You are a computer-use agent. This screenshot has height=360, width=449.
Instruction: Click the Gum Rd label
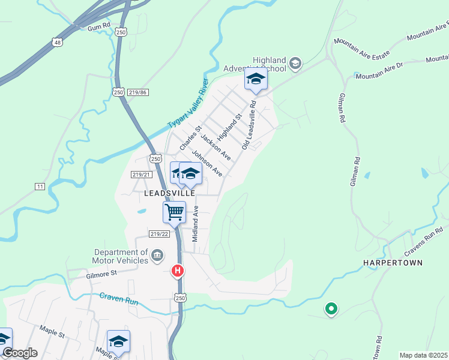tap(99, 27)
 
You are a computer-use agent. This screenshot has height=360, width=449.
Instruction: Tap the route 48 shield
tap(57, 42)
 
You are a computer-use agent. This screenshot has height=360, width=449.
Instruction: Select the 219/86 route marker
tap(138, 92)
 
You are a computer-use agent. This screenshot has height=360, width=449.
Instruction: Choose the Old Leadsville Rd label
tap(249, 125)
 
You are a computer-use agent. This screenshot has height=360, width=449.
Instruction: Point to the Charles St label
tap(193, 137)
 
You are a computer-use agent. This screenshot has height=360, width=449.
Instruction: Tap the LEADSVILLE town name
tap(169, 194)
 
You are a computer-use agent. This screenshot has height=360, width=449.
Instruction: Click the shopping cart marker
tap(174, 211)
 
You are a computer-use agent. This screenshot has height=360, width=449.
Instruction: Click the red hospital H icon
tap(177, 271)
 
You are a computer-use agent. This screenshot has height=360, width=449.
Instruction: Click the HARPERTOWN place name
tap(393, 263)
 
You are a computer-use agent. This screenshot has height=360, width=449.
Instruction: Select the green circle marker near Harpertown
tap(330, 309)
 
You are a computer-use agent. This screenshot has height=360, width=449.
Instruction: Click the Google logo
tap(19, 353)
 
